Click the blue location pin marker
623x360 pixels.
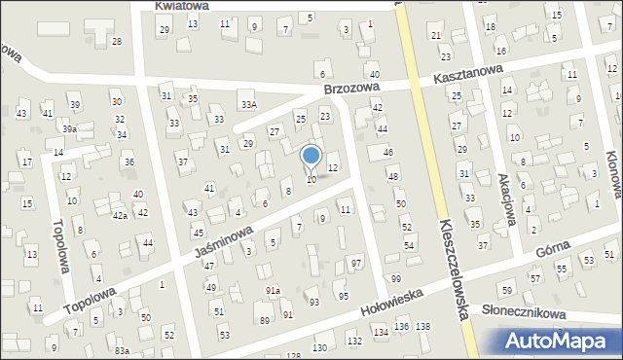tap(311, 156)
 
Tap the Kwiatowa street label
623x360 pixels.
tap(185, 6)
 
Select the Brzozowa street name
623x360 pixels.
tap(352, 89)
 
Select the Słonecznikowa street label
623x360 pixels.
tap(524, 312)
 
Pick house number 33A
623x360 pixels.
tap(250, 105)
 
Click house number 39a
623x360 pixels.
tap(69, 128)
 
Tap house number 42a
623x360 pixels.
tap(119, 216)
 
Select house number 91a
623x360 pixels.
tap(274, 291)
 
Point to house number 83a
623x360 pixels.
tap(121, 350)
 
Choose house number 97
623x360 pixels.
tap(357, 264)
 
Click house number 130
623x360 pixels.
tap(319, 347)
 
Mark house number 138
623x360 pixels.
tap(422, 325)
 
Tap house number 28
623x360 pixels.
tap(117, 41)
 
